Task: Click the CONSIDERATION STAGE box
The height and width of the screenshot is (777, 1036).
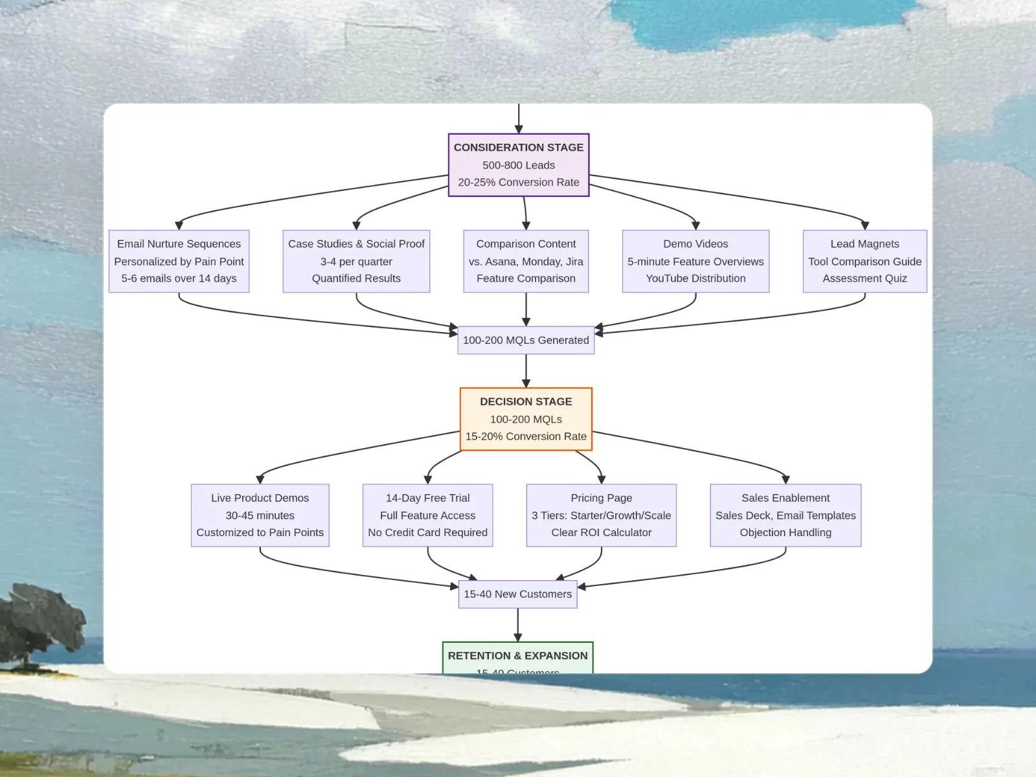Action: click(519, 164)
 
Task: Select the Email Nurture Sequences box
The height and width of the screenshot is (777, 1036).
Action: click(179, 261)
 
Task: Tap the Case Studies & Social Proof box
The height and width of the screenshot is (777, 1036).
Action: click(356, 261)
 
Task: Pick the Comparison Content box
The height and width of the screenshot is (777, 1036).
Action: click(526, 261)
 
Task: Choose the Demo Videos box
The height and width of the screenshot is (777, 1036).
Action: click(695, 261)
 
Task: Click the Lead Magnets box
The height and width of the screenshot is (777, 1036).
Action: click(864, 261)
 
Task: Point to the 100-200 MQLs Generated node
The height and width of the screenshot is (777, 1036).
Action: click(526, 340)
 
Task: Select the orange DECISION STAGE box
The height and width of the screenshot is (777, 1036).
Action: click(526, 418)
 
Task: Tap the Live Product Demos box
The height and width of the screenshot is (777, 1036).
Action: click(260, 515)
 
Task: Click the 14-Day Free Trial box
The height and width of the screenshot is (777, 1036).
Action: click(427, 515)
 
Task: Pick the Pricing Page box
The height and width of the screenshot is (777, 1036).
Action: click(601, 515)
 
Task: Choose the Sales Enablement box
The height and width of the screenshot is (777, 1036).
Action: click(785, 515)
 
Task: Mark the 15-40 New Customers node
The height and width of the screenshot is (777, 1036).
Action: click(517, 594)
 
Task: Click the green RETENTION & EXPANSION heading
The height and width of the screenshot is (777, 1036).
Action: click(517, 655)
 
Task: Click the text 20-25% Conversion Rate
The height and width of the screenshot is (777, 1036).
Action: click(519, 183)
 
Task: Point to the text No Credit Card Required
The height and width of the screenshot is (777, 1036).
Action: click(427, 532)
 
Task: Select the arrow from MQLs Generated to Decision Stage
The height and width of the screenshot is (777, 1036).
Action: click(526, 370)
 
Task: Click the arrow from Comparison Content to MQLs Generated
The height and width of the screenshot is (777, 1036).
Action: click(526, 309)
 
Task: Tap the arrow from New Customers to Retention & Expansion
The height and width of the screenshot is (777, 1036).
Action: click(517, 624)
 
